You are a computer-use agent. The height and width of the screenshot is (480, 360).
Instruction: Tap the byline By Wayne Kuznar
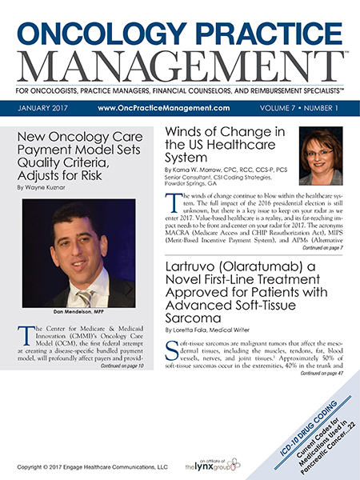coord(43,188)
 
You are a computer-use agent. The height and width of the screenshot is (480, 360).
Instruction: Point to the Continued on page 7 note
coord(320,249)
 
